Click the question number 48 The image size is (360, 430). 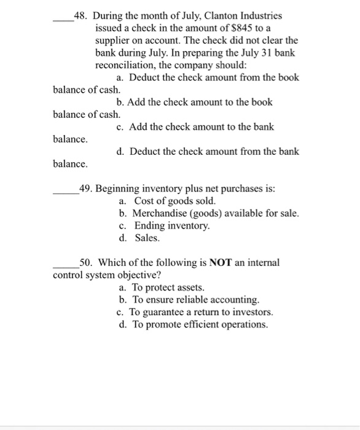(x=80, y=15)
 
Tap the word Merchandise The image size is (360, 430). (x=158, y=213)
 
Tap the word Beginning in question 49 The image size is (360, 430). (x=116, y=189)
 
